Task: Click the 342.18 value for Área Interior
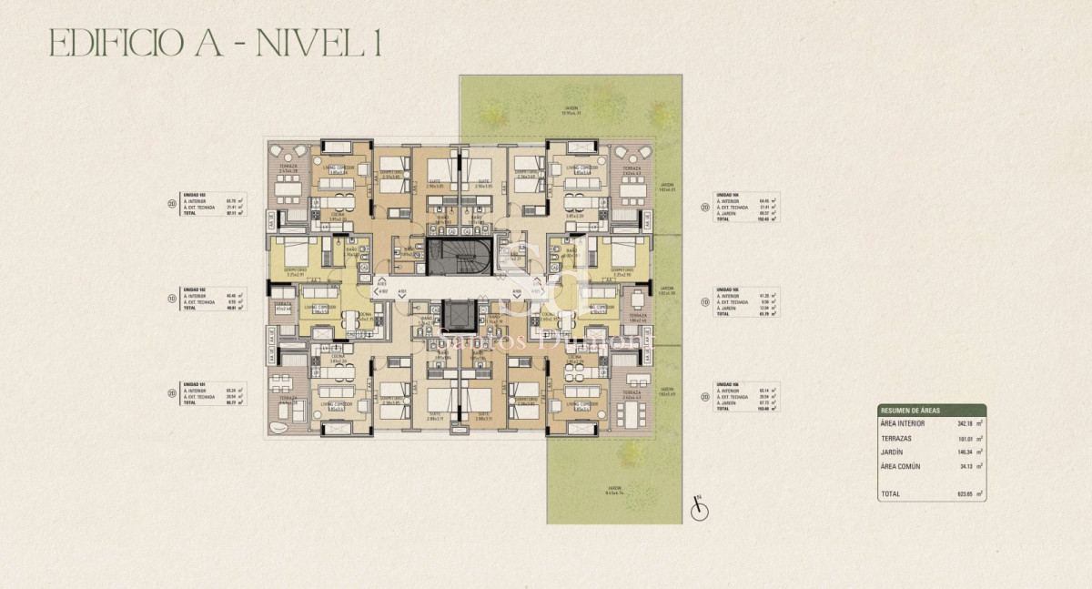click(x=965, y=423)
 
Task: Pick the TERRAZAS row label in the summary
click(x=896, y=438)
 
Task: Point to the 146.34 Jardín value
click(x=965, y=452)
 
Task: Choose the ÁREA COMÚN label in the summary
click(x=901, y=466)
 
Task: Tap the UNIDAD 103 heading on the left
click(x=194, y=196)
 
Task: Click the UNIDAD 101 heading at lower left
click(x=194, y=384)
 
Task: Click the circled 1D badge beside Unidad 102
click(x=171, y=299)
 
